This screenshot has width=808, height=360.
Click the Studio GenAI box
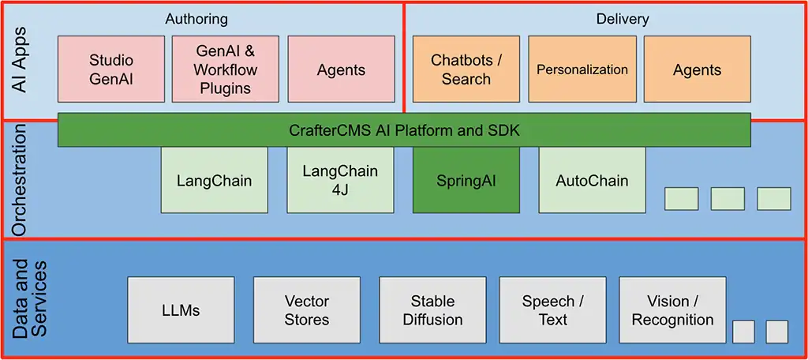tap(111, 69)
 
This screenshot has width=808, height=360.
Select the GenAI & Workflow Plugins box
tap(226, 69)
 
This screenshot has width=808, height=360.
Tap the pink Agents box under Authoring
tap(341, 69)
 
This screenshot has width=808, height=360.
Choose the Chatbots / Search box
tap(466, 69)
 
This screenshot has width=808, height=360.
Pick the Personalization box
tap(582, 69)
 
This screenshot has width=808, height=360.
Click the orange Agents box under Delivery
tap(697, 69)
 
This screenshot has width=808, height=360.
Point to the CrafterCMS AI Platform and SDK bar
tap(404, 130)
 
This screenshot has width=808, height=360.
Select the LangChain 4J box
tap(340, 180)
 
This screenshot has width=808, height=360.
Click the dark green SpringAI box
tap(466, 180)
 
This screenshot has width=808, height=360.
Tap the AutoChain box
tap(592, 180)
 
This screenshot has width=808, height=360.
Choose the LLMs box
tap(181, 310)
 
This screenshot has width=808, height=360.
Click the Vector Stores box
tap(307, 310)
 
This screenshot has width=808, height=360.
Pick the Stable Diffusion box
tap(432, 310)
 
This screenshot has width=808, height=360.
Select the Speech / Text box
tap(552, 310)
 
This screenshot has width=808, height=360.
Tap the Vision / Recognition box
tap(672, 310)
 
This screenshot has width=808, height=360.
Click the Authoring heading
tap(196, 18)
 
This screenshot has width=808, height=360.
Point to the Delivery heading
tap(622, 18)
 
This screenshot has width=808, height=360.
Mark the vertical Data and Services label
tap(30, 298)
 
